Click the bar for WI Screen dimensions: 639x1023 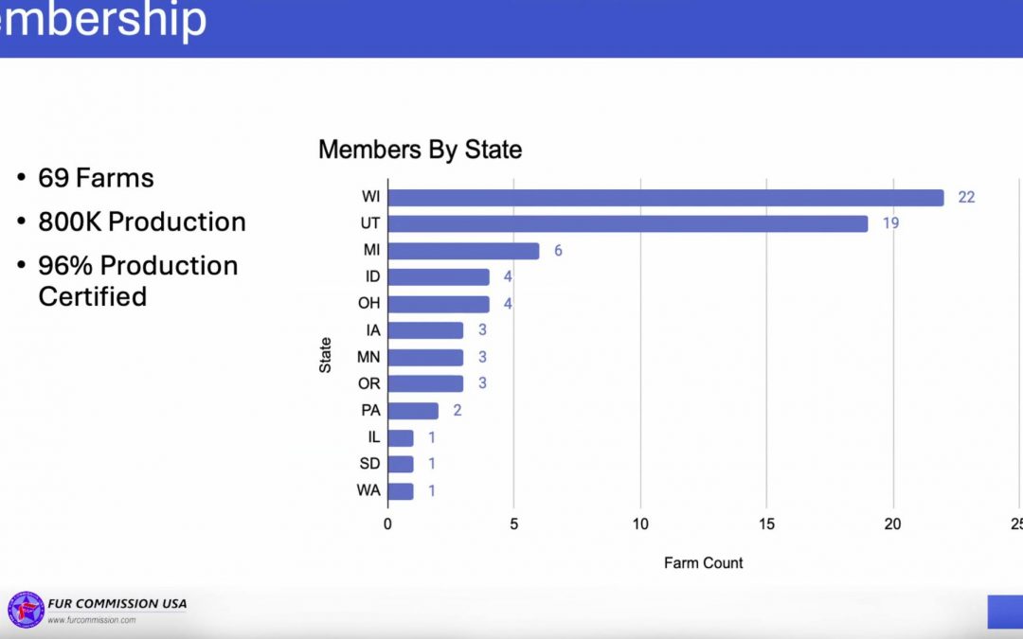click(x=665, y=198)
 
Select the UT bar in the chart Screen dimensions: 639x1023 click(x=627, y=224)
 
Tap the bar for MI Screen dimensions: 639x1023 click(x=463, y=251)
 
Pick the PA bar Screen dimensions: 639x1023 click(x=413, y=411)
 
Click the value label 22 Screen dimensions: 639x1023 click(x=966, y=198)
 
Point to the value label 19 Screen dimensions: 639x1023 click(x=890, y=224)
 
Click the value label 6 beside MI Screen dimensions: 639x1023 click(x=559, y=251)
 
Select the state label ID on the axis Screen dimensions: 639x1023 click(x=372, y=277)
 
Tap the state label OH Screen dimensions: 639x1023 click(x=369, y=304)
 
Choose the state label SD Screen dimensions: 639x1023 click(x=369, y=465)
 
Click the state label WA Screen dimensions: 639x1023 click(x=369, y=491)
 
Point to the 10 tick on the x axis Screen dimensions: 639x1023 click(x=640, y=524)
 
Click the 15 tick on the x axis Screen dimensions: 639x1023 click(x=766, y=524)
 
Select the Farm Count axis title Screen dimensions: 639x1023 click(x=703, y=563)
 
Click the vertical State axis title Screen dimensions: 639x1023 click(x=326, y=354)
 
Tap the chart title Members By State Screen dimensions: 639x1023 click(x=420, y=150)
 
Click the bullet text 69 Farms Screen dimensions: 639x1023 click(x=96, y=178)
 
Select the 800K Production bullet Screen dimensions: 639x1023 click(x=142, y=222)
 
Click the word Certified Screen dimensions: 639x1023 click(x=92, y=296)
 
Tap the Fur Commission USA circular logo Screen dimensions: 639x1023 click(x=26, y=610)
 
